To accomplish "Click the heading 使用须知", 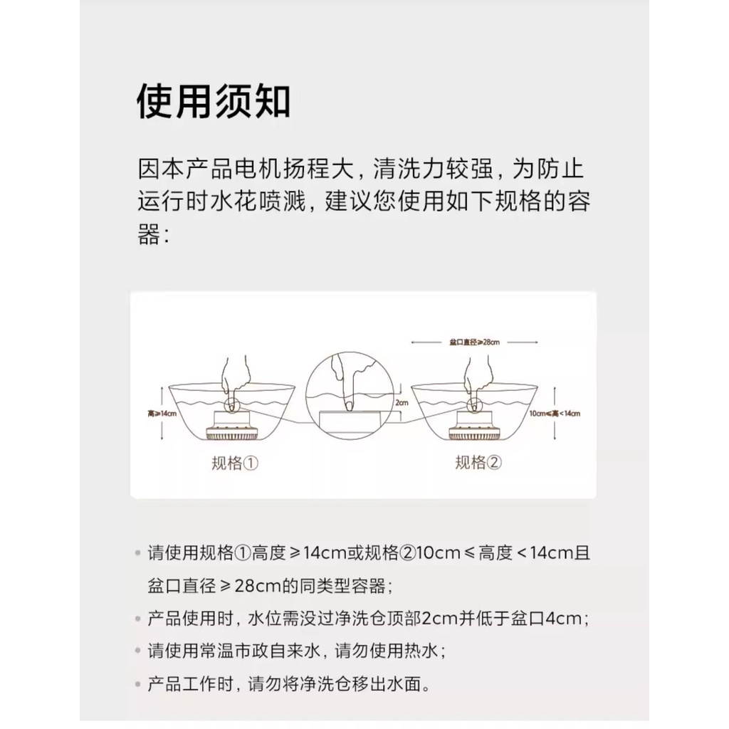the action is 214,103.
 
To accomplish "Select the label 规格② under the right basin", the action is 478,463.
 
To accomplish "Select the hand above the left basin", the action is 234,377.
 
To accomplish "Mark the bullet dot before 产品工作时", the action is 137,685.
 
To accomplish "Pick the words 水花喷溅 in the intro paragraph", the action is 261,202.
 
